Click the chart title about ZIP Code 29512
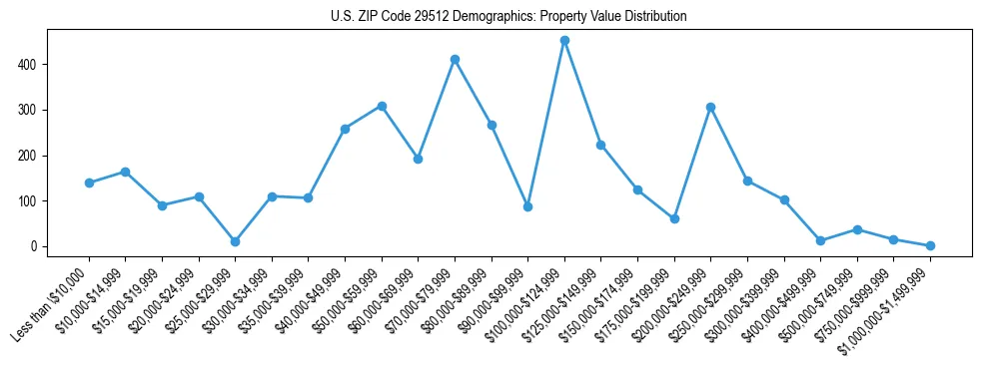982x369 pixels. (x=508, y=17)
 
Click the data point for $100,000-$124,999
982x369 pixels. (x=564, y=41)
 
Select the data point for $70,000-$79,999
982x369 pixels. (x=455, y=60)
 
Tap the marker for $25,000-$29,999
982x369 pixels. (x=235, y=241)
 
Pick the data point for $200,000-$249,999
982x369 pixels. (x=710, y=107)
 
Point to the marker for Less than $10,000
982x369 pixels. (x=89, y=183)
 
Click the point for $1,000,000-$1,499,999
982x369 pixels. (x=930, y=245)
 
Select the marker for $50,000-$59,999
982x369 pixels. (x=382, y=106)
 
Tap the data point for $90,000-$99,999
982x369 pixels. (x=527, y=206)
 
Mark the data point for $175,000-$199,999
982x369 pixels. (x=674, y=218)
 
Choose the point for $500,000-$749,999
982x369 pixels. (x=857, y=229)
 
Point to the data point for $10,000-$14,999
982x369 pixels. (x=125, y=172)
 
